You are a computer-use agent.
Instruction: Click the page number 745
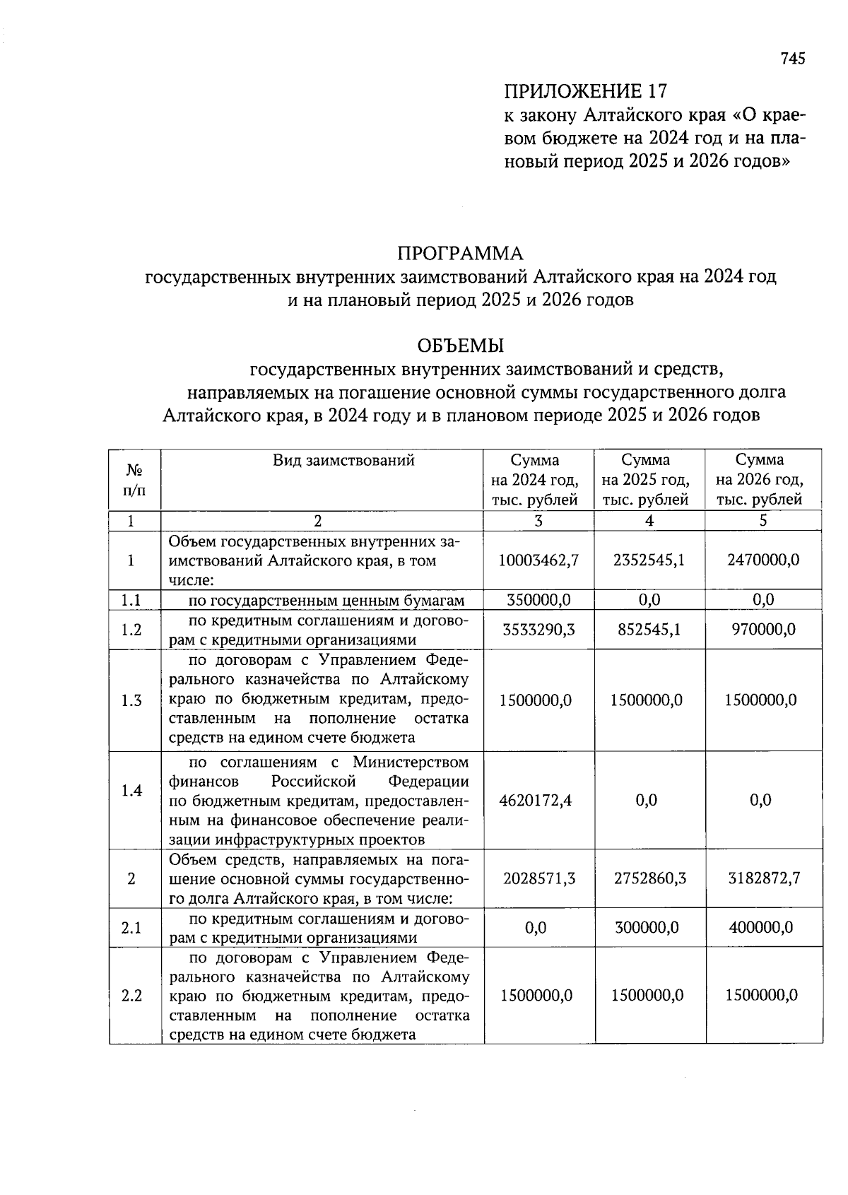[x=792, y=59]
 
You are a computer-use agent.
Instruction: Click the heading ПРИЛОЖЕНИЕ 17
[x=585, y=91]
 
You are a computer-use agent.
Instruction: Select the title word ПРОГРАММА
[x=460, y=253]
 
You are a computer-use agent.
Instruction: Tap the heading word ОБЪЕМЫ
[x=460, y=346]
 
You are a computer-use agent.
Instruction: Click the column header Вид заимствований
[x=343, y=461]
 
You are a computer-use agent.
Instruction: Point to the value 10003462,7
[x=538, y=560]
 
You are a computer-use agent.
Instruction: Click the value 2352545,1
[x=649, y=560]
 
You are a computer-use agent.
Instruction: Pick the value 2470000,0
[x=762, y=560]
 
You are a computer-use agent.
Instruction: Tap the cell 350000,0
[x=538, y=600]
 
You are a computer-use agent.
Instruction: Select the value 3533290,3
[x=538, y=629]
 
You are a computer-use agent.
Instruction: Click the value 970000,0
[x=762, y=629]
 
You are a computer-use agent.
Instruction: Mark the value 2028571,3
[x=538, y=878]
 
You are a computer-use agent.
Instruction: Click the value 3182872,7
[x=764, y=878]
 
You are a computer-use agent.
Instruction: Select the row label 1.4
[x=131, y=790]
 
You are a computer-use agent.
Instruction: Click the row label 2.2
[x=131, y=996]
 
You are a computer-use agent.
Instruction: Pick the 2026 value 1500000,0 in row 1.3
[x=762, y=700]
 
